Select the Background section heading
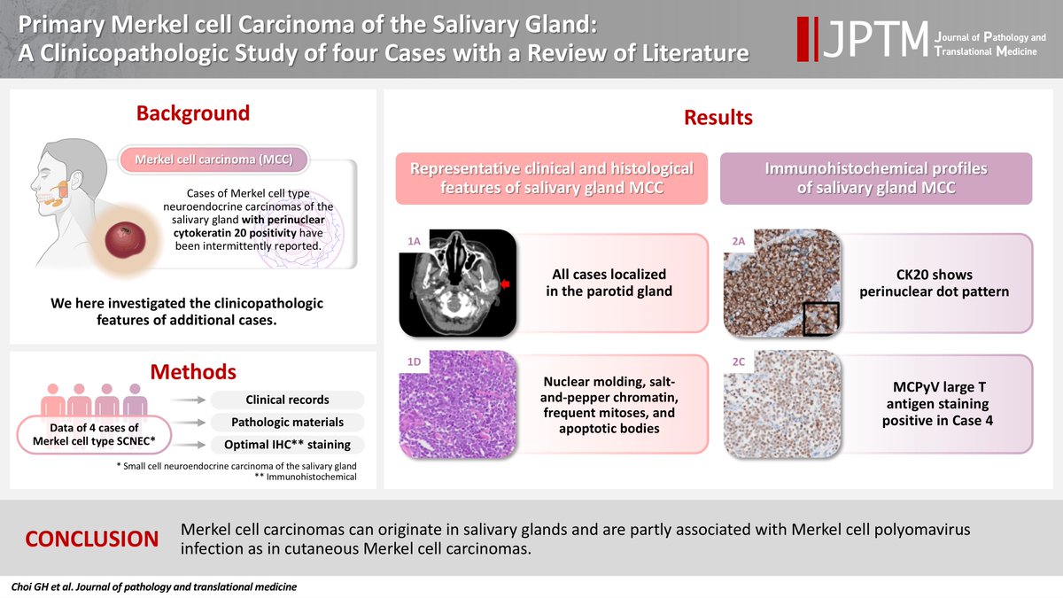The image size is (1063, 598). coord(192,113)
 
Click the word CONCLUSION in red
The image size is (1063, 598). coord(92,539)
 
